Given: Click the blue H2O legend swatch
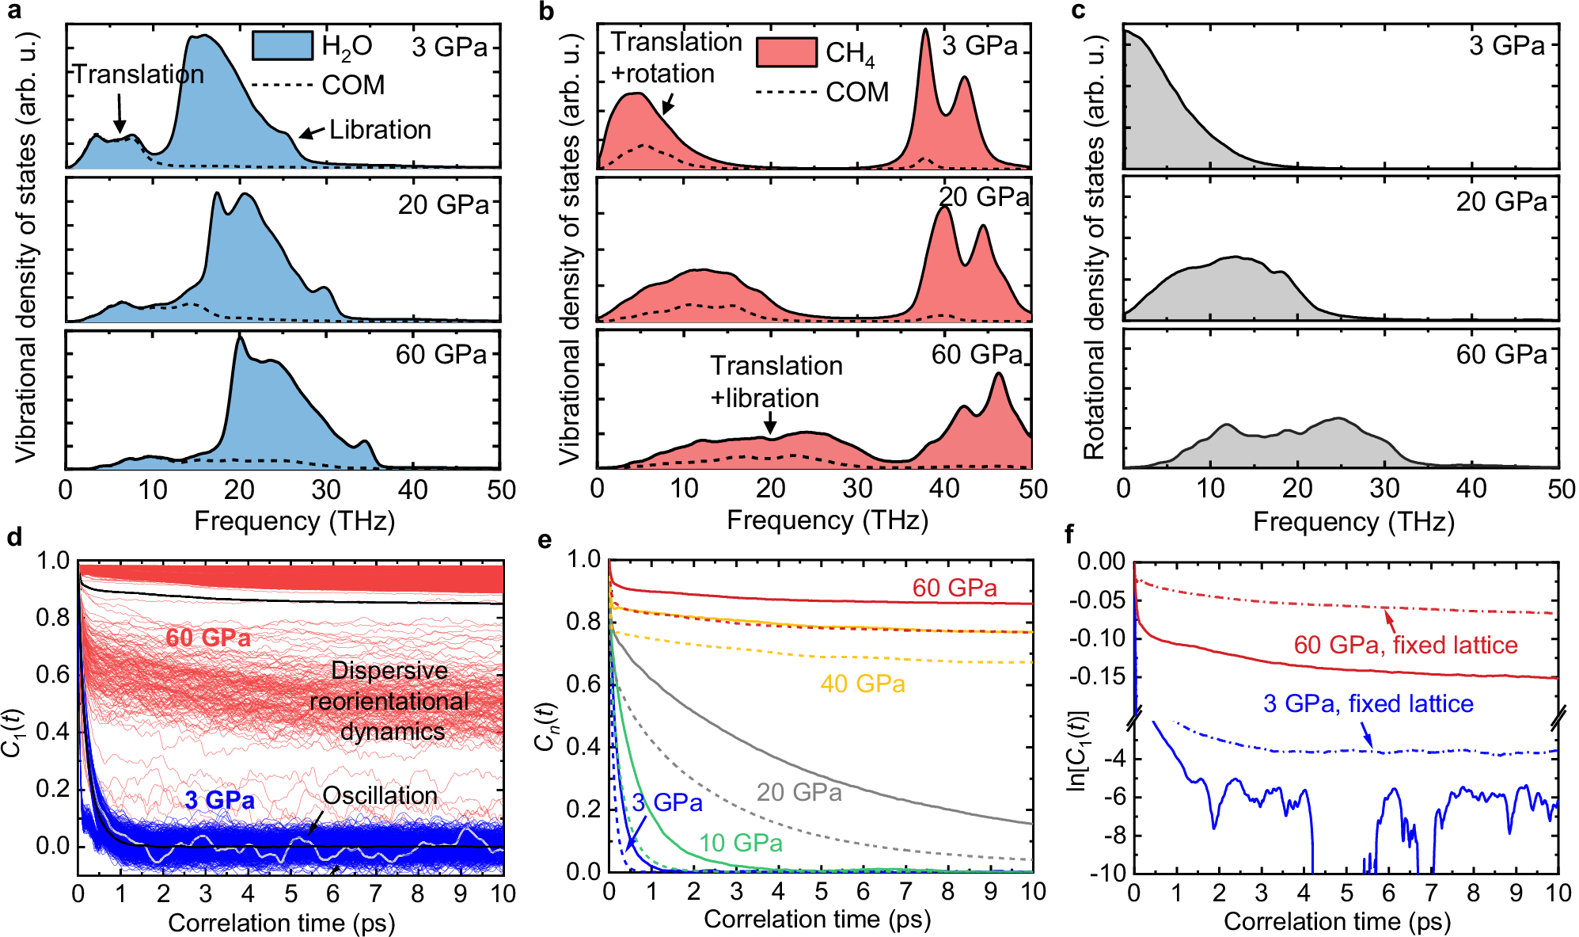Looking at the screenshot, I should pyautogui.click(x=283, y=45).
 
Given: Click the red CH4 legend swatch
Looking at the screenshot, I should pyautogui.click(x=786, y=51).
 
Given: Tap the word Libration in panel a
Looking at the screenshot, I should pyautogui.click(x=380, y=130).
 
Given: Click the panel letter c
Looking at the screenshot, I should pyautogui.click(x=1077, y=11).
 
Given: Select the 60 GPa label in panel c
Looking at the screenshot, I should pyautogui.click(x=1501, y=354).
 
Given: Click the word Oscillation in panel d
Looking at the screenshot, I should pyautogui.click(x=380, y=795).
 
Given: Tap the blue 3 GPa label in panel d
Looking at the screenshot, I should pyautogui.click(x=219, y=800).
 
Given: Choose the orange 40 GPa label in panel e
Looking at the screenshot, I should pyautogui.click(x=862, y=684).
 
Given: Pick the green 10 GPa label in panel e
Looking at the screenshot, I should pyautogui.click(x=740, y=843).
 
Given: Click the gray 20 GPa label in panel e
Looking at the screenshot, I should pyautogui.click(x=799, y=792).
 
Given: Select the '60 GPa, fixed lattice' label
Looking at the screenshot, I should pyautogui.click(x=1405, y=645).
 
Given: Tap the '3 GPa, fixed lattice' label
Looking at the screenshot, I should pyautogui.click(x=1368, y=703).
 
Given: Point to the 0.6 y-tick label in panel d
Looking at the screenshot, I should pyautogui.click(x=52, y=674).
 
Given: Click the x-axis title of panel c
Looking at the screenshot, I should pyautogui.click(x=1353, y=522).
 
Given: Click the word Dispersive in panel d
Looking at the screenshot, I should pyautogui.click(x=389, y=671).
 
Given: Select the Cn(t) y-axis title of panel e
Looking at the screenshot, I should pyautogui.click(x=545, y=726).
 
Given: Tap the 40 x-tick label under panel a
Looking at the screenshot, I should pyautogui.click(x=413, y=490).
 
